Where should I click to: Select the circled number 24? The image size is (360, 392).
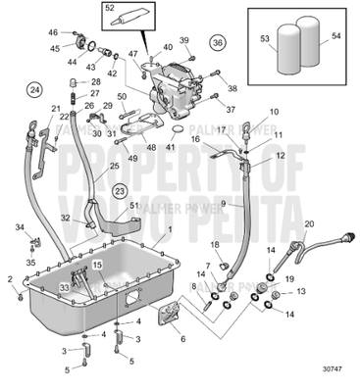(35, 89)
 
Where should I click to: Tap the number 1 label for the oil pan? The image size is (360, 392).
(168, 229)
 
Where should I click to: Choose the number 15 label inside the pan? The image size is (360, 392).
(97, 266)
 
